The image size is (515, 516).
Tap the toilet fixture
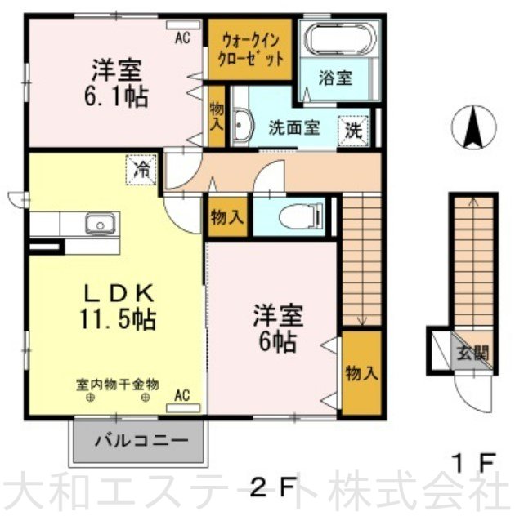[x=301, y=216]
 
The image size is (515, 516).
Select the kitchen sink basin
[x=101, y=224]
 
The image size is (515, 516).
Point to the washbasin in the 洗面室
[x=242, y=127]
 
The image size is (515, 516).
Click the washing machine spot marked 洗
[x=353, y=131]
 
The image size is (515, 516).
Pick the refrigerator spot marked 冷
[x=141, y=170]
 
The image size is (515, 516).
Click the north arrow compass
[x=474, y=127]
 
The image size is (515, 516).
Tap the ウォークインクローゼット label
[x=251, y=50]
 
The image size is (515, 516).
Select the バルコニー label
[x=141, y=440]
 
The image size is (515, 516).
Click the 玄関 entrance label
[x=472, y=353]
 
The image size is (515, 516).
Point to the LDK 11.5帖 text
[x=118, y=306]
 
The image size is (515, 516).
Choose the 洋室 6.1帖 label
[x=115, y=82]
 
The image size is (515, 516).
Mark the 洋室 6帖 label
[x=277, y=328]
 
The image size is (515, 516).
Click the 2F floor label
[x=271, y=487]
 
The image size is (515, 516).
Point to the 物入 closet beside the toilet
[x=227, y=217]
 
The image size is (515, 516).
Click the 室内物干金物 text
[x=118, y=385]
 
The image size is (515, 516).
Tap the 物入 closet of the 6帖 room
[x=361, y=373]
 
